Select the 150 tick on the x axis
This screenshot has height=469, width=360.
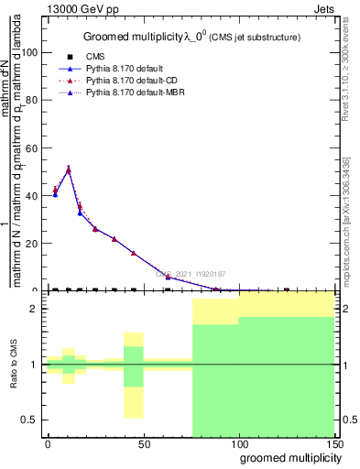coord(334,444)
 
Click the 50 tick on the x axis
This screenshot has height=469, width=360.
coord(143,444)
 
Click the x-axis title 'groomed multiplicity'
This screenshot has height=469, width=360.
coord(289,457)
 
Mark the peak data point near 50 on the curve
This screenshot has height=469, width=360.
coord(69,169)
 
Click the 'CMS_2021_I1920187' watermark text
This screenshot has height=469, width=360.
coord(191,274)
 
